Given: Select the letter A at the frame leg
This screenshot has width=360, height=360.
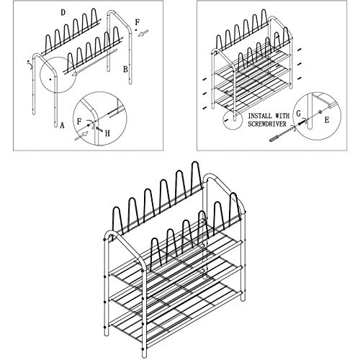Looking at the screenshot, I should pyautogui.click(x=62, y=123).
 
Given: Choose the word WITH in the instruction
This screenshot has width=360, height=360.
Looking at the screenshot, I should pyautogui.click(x=282, y=114).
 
